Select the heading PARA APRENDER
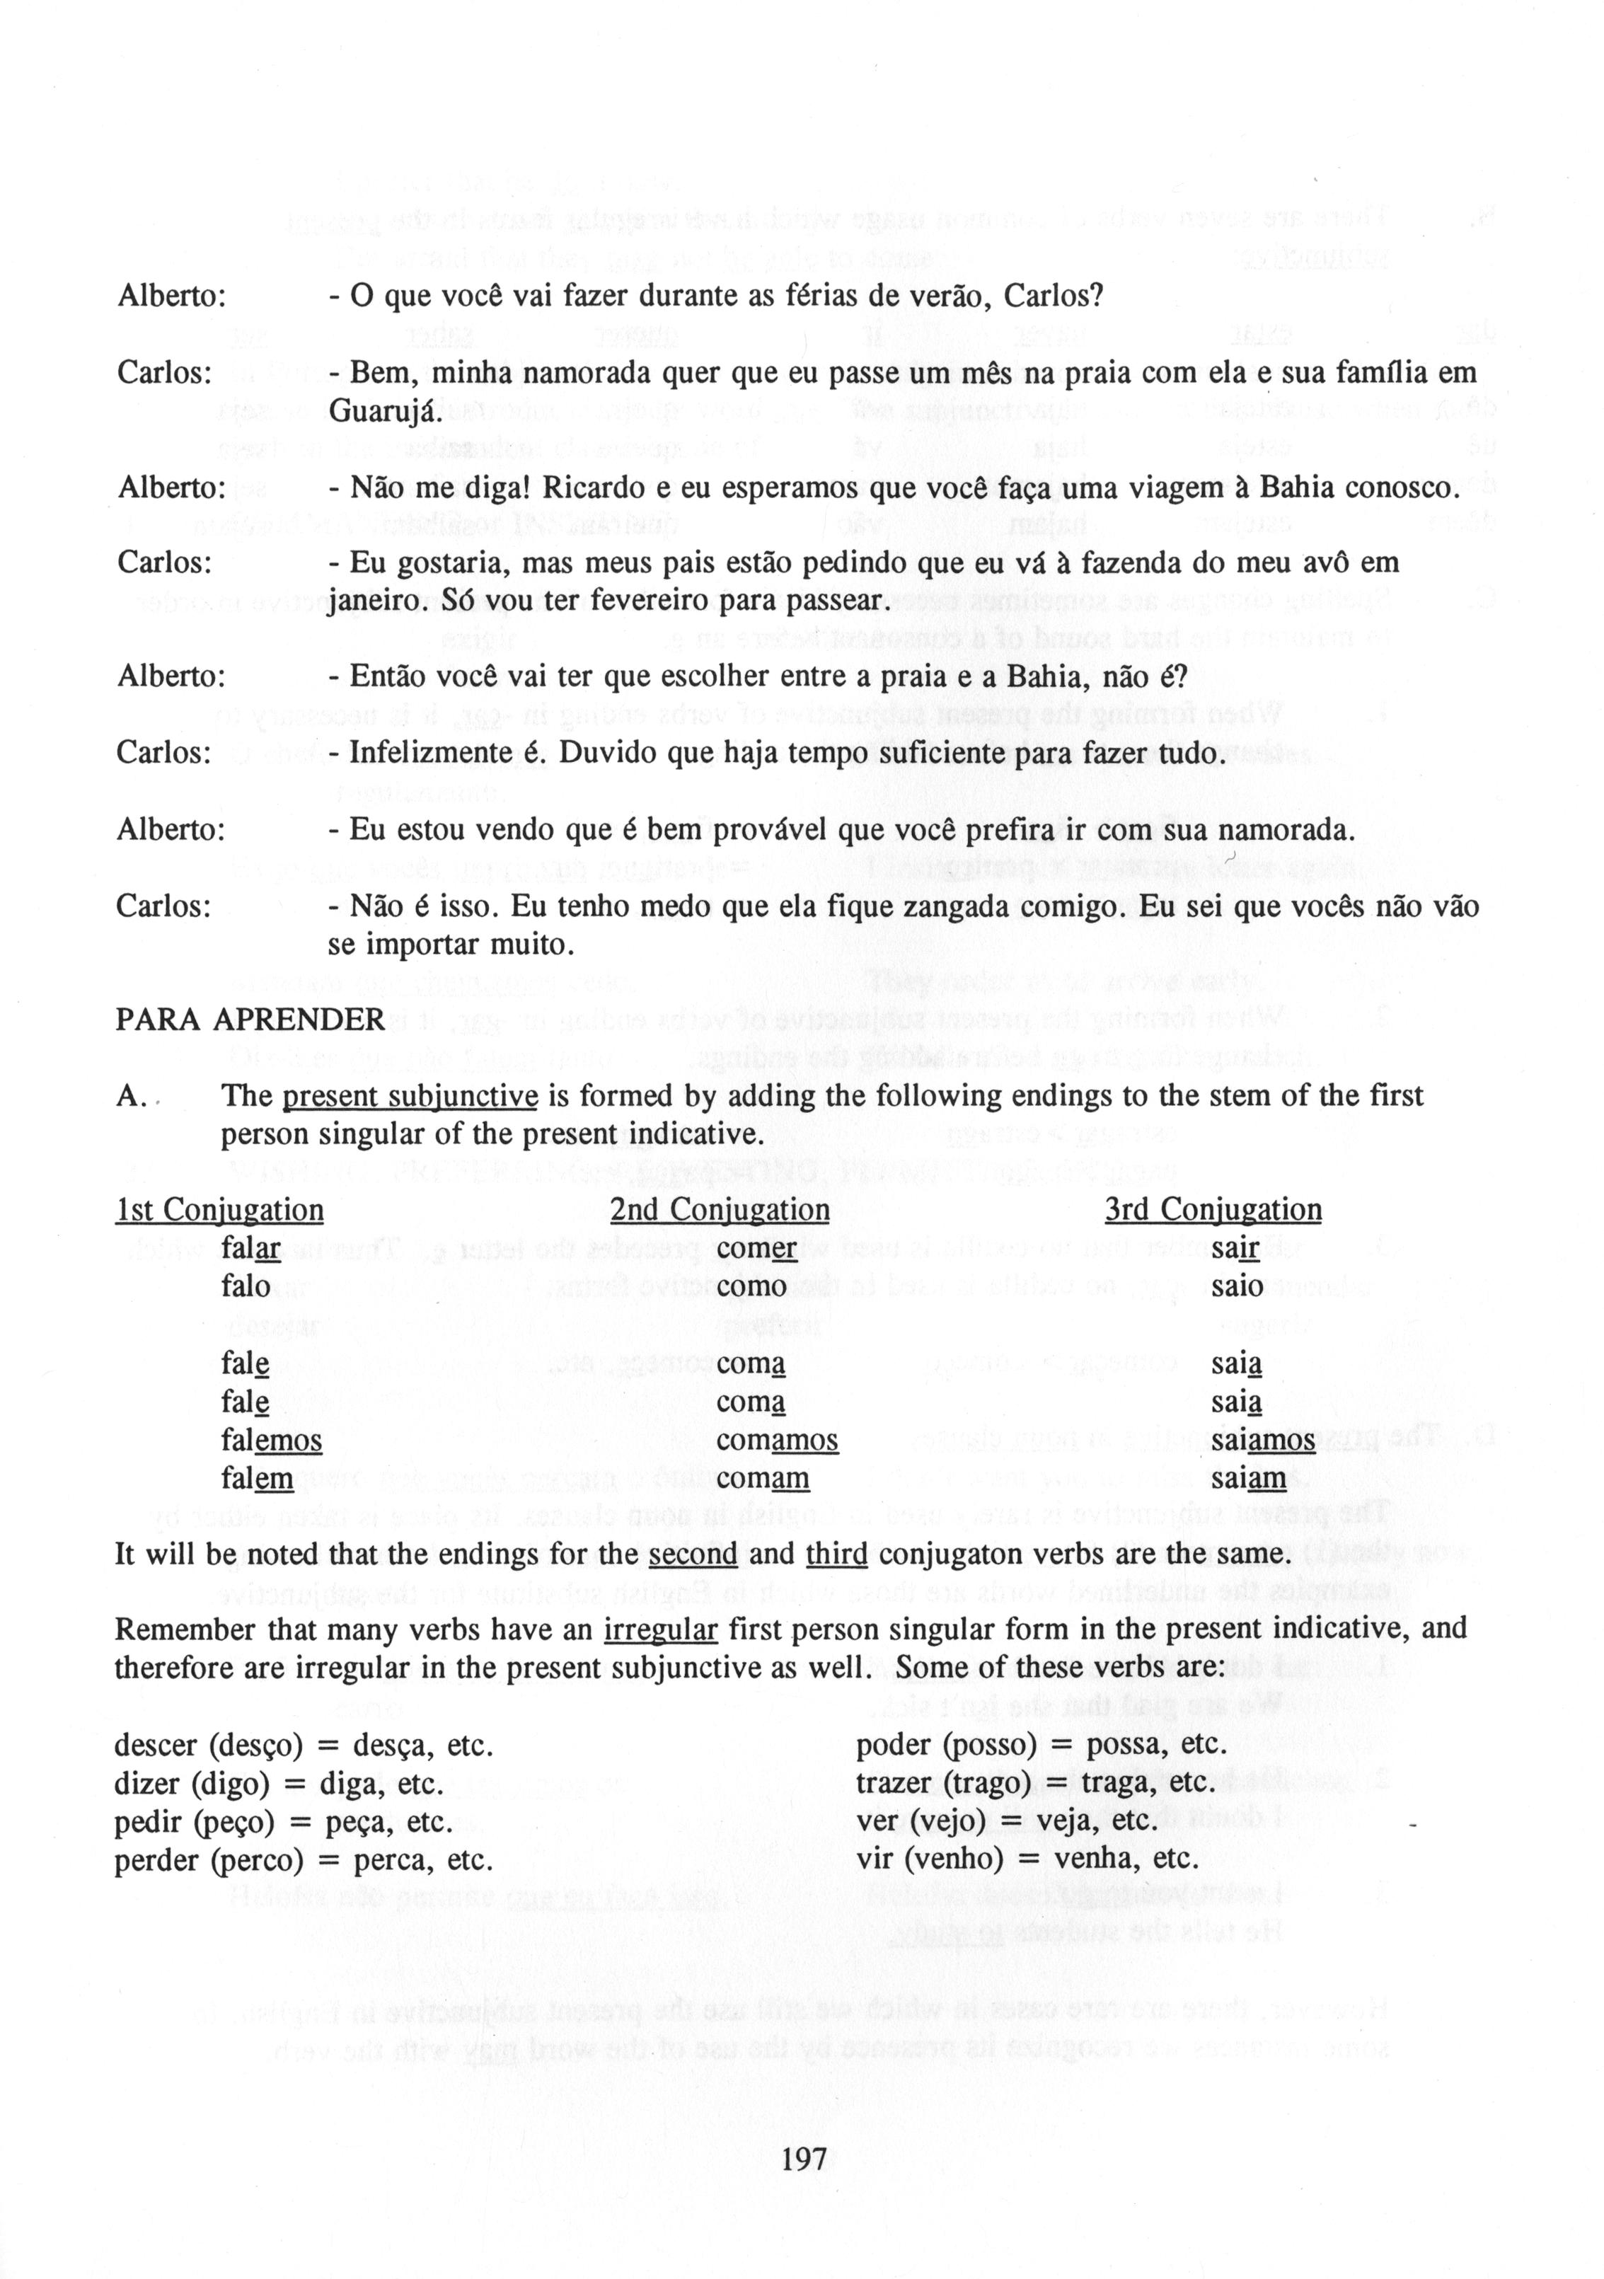(x=250, y=1020)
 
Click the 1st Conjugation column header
(x=219, y=1210)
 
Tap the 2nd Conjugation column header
(x=720, y=1210)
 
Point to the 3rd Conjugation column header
(x=1213, y=1210)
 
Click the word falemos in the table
(x=272, y=1441)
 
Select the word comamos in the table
(x=777, y=1441)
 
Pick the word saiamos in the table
(x=1262, y=1441)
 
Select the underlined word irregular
(x=660, y=1630)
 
